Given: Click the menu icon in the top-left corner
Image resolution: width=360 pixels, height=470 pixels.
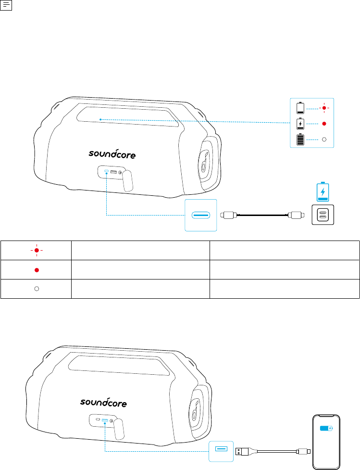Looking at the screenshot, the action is [x=6, y=5].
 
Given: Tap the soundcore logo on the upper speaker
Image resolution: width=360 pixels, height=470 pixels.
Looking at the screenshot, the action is [x=112, y=154].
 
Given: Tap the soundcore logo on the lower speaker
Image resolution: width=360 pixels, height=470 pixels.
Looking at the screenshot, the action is [x=103, y=403].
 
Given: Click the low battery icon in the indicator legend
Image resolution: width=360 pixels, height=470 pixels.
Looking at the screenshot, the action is [x=300, y=108].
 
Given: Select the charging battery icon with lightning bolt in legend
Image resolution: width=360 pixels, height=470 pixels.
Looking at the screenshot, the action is [x=300, y=124].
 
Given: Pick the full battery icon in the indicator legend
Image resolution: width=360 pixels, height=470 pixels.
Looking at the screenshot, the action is [x=300, y=140].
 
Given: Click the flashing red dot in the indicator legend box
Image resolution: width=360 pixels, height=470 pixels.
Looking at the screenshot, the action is [x=324, y=108].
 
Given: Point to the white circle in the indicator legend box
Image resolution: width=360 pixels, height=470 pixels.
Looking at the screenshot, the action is [x=324, y=140].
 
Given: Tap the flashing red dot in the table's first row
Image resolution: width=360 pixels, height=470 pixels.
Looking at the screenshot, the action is [x=37, y=250].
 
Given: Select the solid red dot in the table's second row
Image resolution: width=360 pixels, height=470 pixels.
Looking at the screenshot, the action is [x=37, y=270].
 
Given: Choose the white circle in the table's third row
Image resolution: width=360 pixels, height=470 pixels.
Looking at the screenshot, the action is [x=37, y=289].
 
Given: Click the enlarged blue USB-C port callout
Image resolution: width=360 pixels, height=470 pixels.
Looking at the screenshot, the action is [x=200, y=215].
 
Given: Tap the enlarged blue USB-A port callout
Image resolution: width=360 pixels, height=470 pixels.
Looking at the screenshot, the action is [x=221, y=451].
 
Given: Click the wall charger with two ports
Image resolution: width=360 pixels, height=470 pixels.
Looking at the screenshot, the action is [x=323, y=215].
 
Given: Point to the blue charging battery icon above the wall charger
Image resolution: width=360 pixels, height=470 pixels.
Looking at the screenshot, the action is [x=323, y=192].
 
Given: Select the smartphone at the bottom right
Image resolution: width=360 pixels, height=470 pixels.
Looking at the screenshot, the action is [x=326, y=442].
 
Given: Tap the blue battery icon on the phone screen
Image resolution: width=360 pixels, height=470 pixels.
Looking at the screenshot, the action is [x=326, y=428].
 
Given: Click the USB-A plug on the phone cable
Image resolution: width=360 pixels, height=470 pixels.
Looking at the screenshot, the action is [x=242, y=451].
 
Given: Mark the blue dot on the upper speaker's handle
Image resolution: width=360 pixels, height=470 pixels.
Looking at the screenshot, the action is [x=100, y=119].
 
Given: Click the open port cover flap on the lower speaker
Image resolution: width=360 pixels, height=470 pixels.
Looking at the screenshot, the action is [x=119, y=430].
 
